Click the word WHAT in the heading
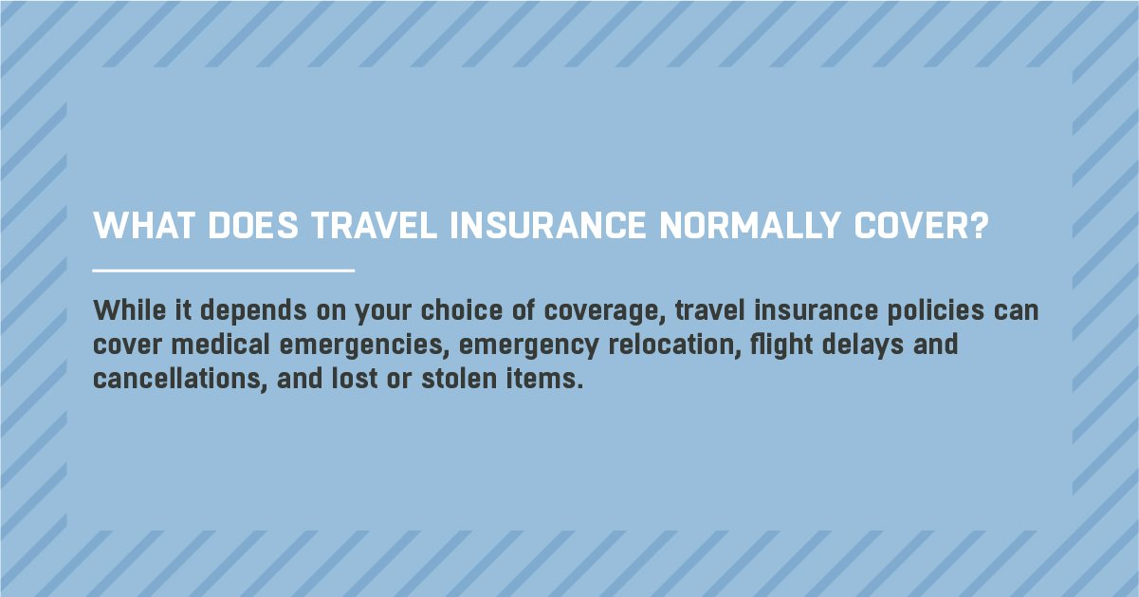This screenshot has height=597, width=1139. (144, 225)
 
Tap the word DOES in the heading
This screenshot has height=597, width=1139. (253, 225)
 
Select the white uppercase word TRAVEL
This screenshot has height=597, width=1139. (375, 225)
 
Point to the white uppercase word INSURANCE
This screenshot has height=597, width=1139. (548, 225)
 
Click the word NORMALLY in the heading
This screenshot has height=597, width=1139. (749, 225)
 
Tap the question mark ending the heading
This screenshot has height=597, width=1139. (979, 225)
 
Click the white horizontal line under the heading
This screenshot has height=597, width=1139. (223, 271)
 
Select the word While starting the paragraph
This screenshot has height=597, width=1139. (130, 310)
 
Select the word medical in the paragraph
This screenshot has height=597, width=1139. (220, 344)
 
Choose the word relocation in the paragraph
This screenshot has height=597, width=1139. (674, 344)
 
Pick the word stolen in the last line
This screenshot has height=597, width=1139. (459, 379)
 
